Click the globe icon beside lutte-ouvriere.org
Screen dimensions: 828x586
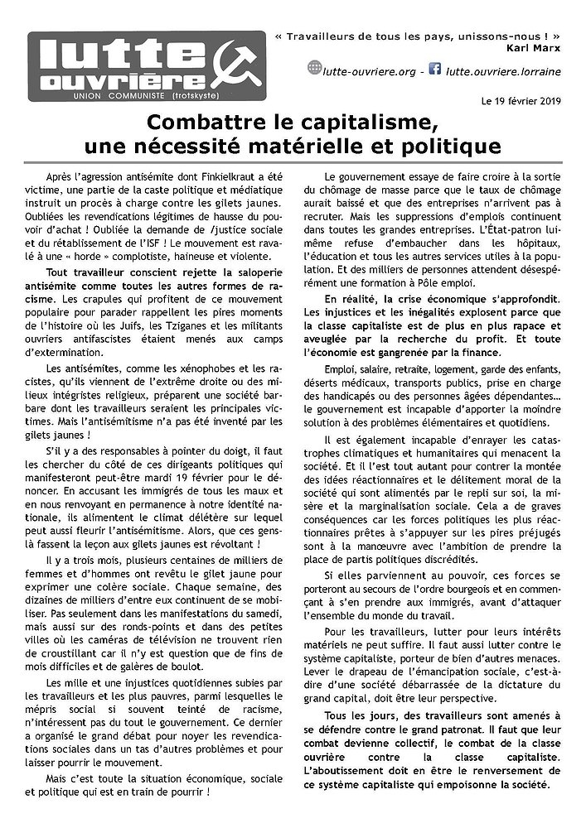tap(314, 68)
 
